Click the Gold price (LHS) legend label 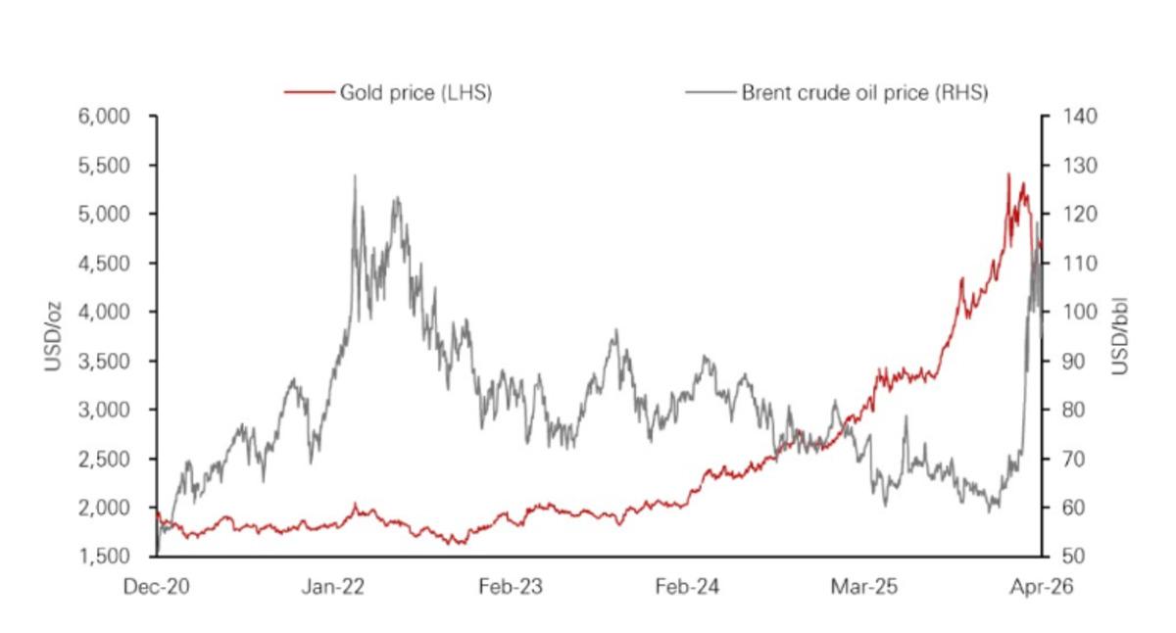point(415,93)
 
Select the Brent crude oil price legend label point(863,93)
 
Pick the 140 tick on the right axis point(1062,117)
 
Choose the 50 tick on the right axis point(1058,557)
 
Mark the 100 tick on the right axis point(1062,313)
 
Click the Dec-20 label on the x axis point(157,587)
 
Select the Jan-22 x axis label point(333,587)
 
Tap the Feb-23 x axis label point(510,587)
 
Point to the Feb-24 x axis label point(686,587)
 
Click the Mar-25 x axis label point(862,587)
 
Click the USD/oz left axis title point(53,336)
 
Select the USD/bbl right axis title point(1121,336)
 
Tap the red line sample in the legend point(308,93)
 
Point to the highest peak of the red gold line point(1008,174)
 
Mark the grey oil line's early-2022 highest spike point(354,176)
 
